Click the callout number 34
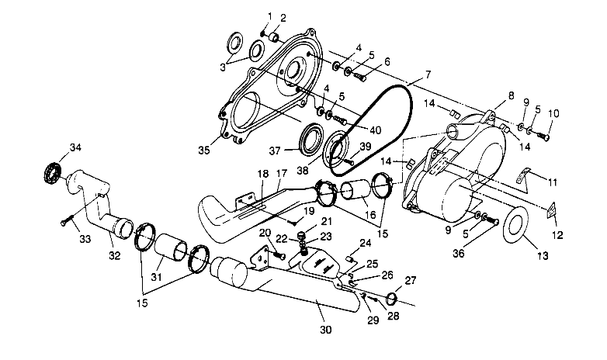click(53, 147)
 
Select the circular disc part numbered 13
click(515, 227)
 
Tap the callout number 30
click(326, 329)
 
